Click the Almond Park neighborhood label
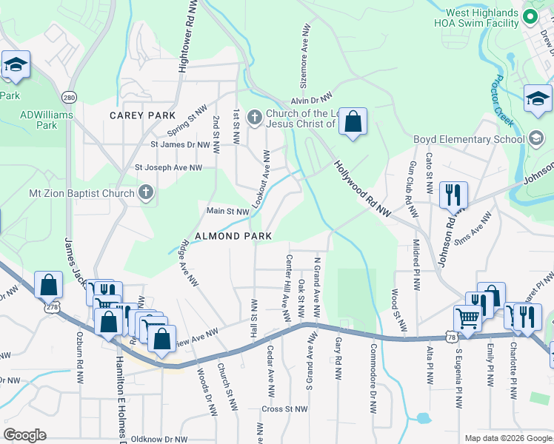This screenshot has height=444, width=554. [233, 236]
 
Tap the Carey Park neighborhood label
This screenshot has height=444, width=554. [142, 115]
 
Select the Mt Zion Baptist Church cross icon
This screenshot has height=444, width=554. [146, 193]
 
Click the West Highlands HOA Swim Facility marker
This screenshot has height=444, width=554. [530, 16]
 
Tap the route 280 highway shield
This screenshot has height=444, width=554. [69, 97]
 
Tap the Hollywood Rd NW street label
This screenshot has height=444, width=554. [362, 189]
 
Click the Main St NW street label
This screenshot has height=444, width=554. [227, 212]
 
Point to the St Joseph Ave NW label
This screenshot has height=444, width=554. [168, 168]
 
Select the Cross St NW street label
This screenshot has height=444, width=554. [284, 408]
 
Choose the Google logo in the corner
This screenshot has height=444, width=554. [25, 435]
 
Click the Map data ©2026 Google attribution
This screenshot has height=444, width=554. [507, 438]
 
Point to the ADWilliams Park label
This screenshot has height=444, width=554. [39, 120]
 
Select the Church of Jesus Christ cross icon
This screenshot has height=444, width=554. [254, 117]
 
